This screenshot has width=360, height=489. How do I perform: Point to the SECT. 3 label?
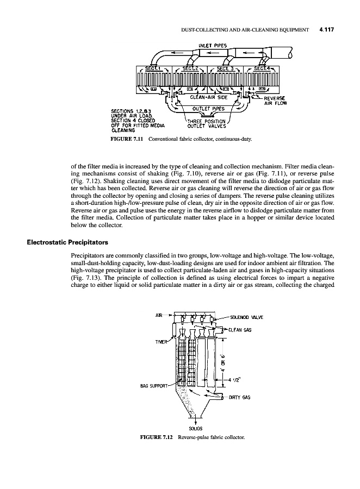pyautogui.click(x=225, y=68)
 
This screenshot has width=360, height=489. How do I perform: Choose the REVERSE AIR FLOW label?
pyautogui.click(x=275, y=100)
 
